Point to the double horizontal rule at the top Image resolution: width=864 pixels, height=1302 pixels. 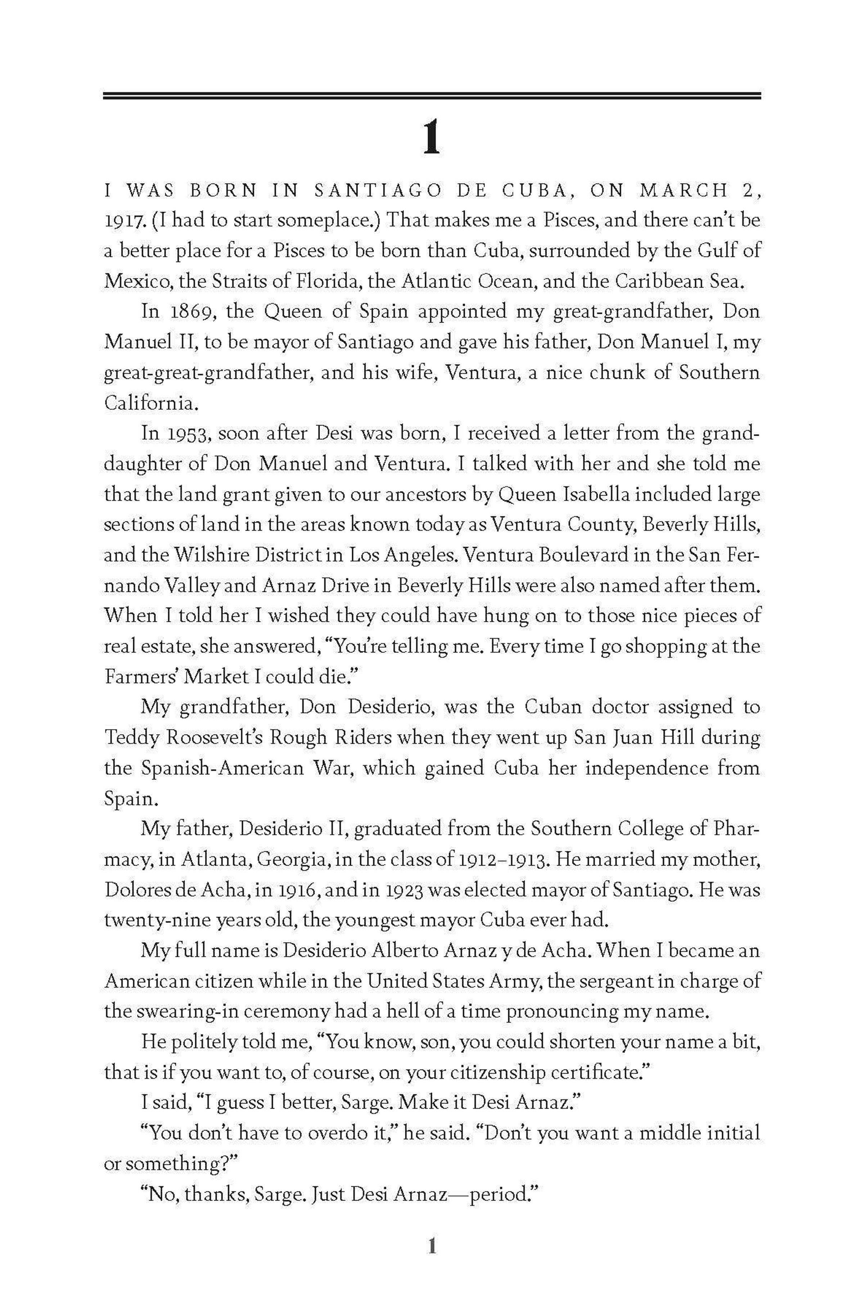click(431, 96)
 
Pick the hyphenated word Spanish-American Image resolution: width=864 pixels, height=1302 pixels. click(222, 768)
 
